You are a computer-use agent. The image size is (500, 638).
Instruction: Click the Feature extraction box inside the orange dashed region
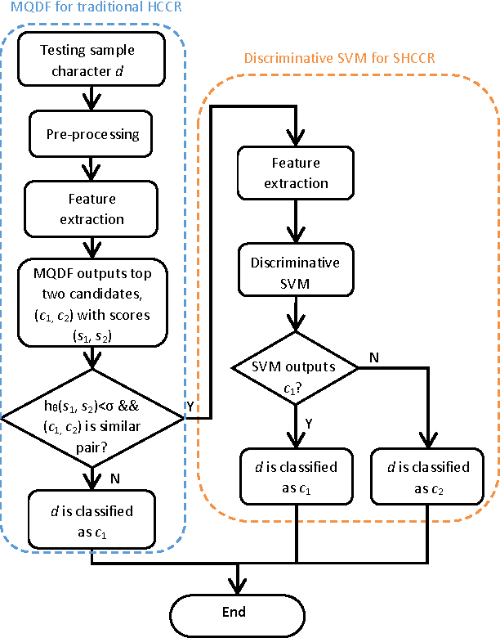coord(296,173)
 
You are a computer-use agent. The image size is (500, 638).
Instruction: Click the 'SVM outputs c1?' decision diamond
coord(296,368)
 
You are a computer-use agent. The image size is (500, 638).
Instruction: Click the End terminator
coord(238,612)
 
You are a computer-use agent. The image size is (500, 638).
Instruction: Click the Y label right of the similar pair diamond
coord(191,407)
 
